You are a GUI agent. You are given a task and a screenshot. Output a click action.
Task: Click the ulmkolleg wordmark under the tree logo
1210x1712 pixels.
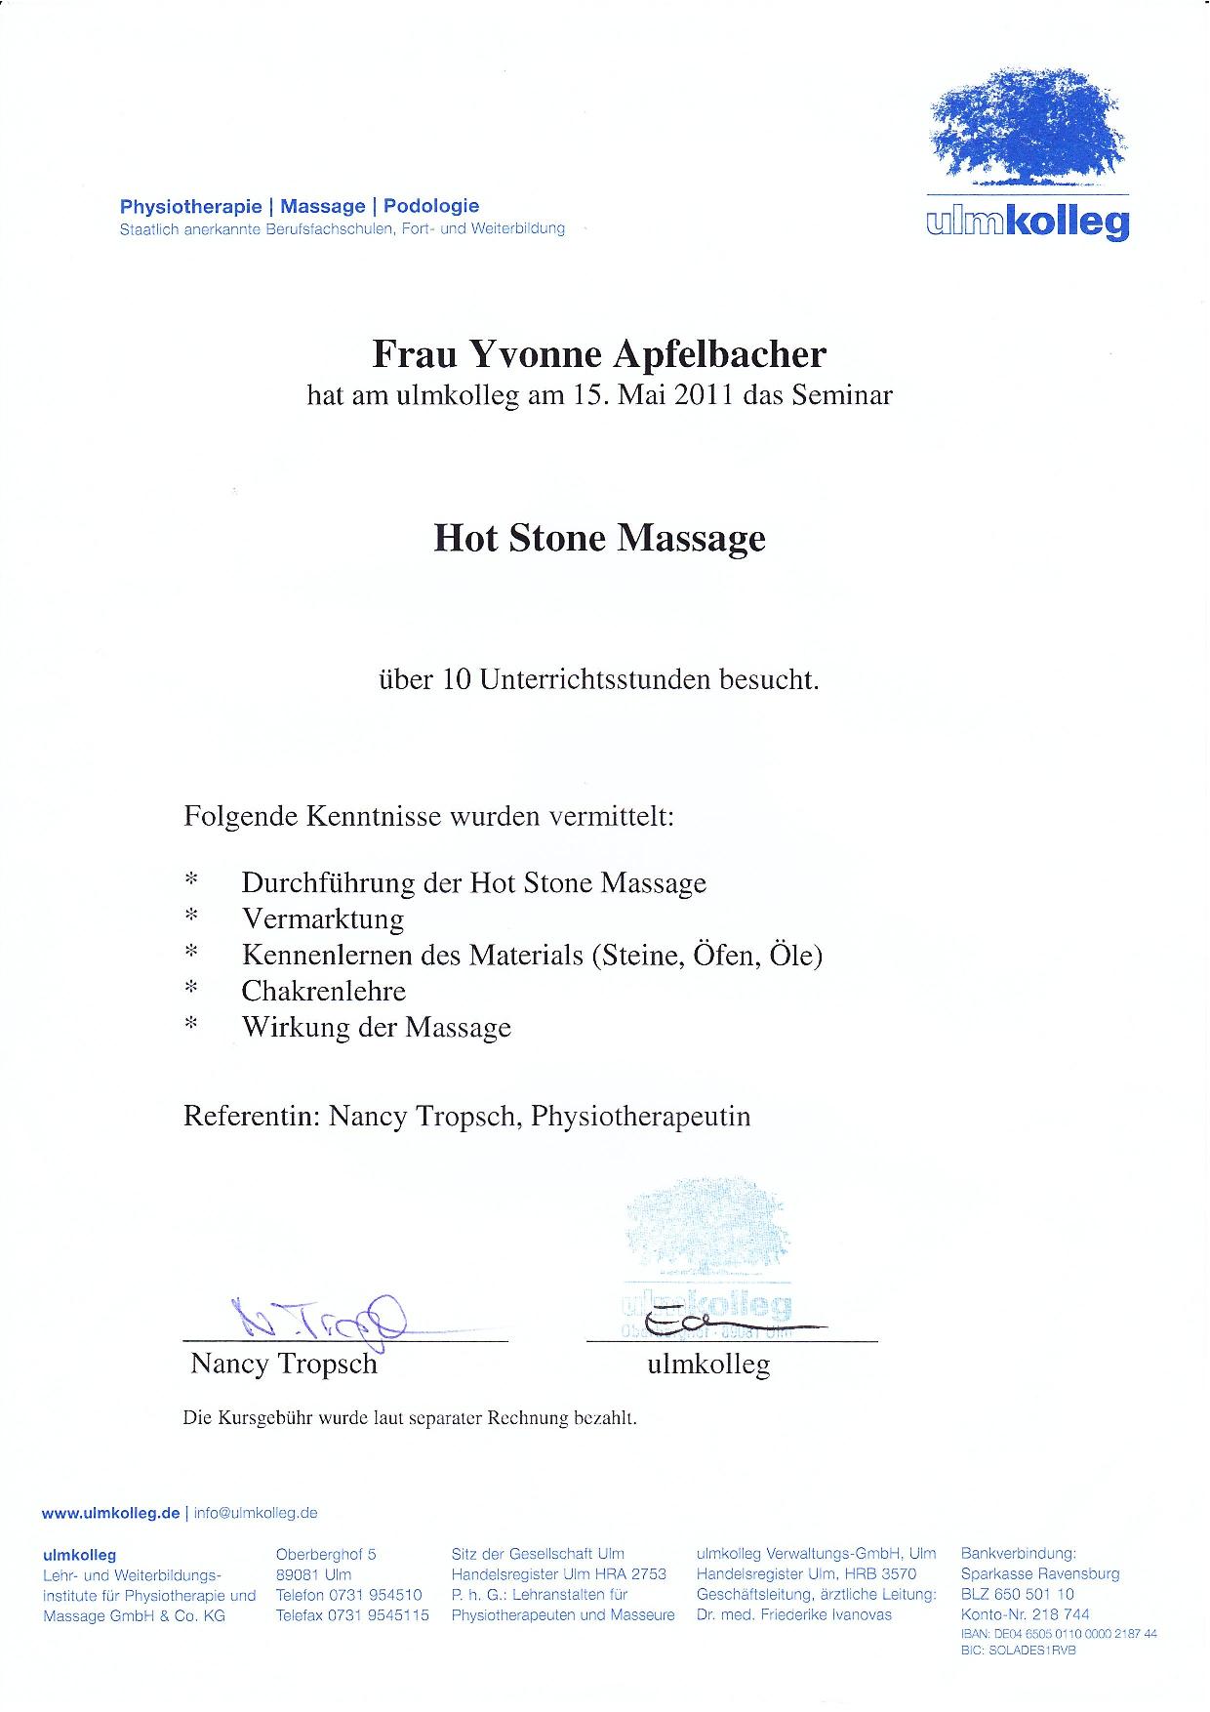click(1028, 222)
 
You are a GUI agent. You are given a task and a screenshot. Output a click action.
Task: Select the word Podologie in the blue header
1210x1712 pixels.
click(431, 206)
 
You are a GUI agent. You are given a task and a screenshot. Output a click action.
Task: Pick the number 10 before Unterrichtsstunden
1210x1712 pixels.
click(457, 679)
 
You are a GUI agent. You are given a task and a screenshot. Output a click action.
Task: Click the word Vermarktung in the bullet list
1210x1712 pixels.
click(323, 919)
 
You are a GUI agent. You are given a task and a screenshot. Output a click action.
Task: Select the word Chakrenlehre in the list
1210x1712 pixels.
click(324, 992)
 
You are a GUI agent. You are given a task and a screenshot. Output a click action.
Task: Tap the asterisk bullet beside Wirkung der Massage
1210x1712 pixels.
click(191, 1025)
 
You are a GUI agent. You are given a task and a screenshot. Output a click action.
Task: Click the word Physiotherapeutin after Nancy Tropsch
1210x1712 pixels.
click(641, 1117)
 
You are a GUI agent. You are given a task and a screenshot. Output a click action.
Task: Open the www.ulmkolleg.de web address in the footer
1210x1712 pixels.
click(110, 1513)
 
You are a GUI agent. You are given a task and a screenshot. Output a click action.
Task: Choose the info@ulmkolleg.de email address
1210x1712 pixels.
click(256, 1513)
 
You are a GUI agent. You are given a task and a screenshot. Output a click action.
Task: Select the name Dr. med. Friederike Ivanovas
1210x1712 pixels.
click(794, 1615)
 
